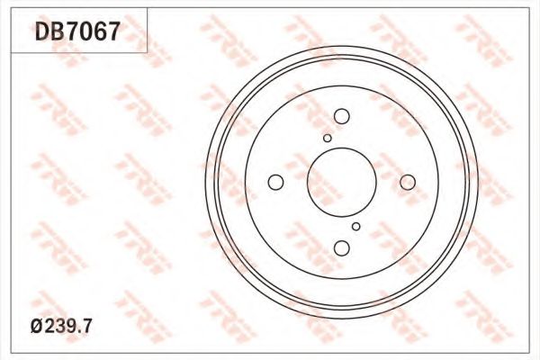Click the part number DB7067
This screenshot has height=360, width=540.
(77, 31)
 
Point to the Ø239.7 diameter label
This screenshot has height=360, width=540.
(61, 326)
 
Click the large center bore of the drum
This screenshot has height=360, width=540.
(342, 182)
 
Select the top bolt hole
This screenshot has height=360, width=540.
(342, 116)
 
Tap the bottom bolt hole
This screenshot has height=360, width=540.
(342, 248)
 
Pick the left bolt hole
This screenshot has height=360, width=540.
(275, 182)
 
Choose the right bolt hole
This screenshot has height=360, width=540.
(408, 182)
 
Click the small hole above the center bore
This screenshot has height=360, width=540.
(328, 138)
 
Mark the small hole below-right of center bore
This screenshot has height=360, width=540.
(356, 226)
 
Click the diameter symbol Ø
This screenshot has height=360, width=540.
(36, 326)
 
